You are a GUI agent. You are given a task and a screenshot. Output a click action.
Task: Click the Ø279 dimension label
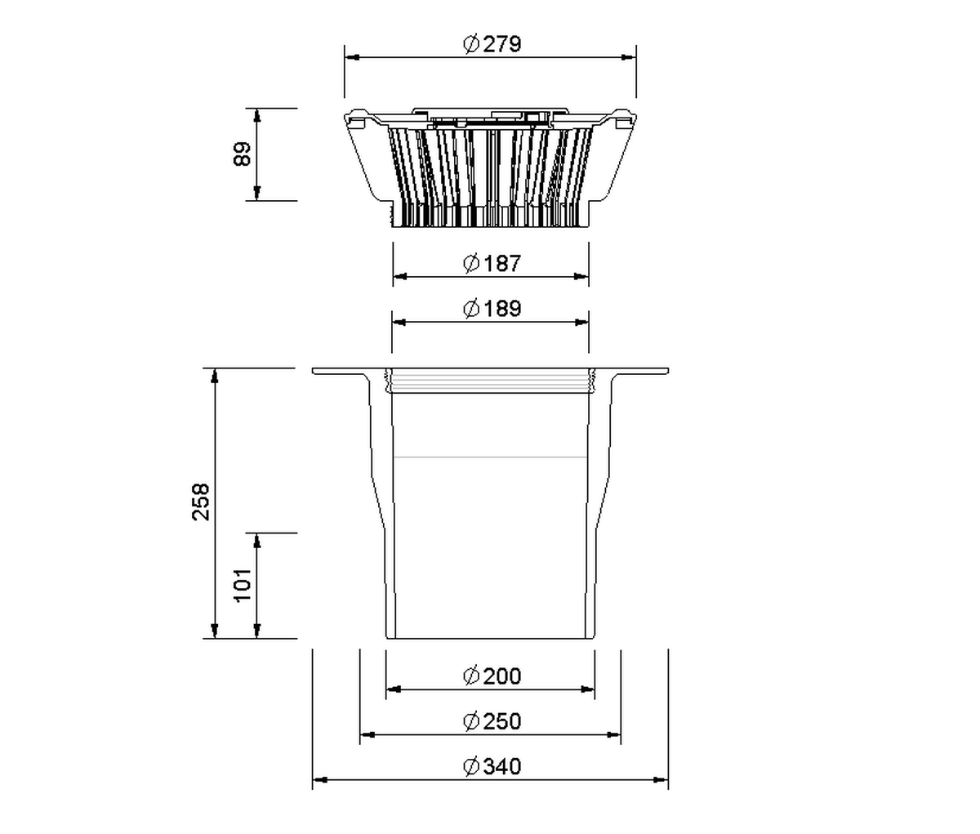point(492,43)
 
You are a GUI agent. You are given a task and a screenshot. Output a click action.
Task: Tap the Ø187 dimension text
point(492,263)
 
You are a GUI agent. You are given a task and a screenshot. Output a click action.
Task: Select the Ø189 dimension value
point(492,308)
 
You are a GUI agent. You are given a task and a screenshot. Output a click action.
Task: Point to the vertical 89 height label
point(243,154)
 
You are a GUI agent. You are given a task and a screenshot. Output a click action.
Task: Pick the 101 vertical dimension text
point(243,585)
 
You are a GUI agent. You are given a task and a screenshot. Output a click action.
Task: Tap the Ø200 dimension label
point(492,676)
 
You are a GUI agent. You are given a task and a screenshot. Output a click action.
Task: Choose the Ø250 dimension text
point(492,721)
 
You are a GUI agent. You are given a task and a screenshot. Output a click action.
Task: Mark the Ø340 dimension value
point(492,766)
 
